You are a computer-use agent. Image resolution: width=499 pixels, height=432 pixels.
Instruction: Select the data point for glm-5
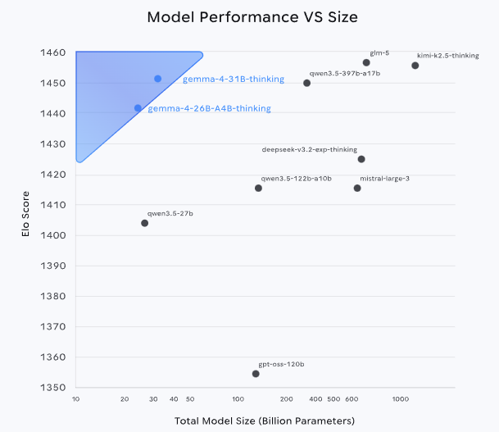coord(366,62)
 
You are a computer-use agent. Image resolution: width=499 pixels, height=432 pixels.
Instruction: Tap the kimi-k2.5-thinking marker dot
coord(415,66)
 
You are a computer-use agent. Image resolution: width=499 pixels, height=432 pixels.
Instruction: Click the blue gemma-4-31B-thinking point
coord(158,79)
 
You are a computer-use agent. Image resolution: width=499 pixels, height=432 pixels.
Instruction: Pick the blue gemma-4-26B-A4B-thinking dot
coord(138,108)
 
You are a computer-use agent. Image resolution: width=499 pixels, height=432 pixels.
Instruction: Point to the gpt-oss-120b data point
coord(256,374)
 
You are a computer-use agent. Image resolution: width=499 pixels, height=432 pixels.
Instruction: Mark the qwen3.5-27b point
coord(145,223)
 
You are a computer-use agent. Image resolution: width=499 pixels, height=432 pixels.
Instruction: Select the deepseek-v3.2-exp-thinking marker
coord(361,159)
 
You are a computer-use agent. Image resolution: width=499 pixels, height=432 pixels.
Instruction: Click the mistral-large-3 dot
coord(357,189)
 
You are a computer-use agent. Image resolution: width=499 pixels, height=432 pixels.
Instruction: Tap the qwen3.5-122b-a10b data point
coord(258,189)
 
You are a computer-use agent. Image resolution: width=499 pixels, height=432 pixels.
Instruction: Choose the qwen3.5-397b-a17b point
coord(306,83)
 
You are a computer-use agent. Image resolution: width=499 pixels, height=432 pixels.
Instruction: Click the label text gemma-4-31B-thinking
coord(234,80)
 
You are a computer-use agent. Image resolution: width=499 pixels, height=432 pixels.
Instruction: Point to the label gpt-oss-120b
coord(281,363)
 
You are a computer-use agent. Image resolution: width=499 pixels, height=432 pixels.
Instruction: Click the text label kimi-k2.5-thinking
coord(448,56)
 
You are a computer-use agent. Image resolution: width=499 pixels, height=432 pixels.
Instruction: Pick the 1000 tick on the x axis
coord(400,399)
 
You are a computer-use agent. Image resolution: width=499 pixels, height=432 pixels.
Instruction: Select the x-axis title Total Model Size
coord(264,421)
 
